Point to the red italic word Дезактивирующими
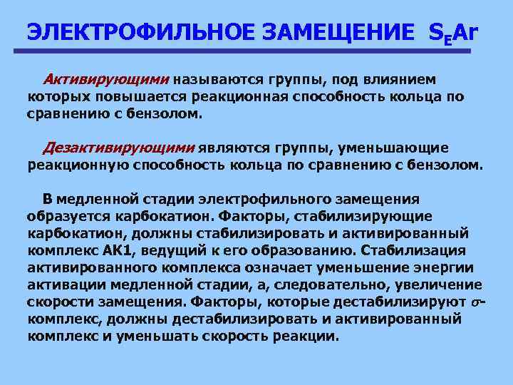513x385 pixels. (x=118, y=148)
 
